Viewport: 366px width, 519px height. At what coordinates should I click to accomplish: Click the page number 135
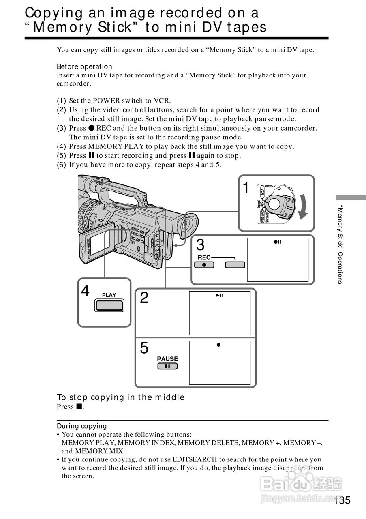342,500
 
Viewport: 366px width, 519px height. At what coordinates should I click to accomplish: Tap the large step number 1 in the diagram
246,188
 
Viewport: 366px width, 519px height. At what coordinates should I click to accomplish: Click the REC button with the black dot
204,265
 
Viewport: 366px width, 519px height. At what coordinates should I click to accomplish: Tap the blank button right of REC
235,265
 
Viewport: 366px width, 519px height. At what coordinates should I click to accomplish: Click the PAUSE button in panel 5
167,366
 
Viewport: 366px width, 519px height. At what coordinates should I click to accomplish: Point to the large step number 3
200,245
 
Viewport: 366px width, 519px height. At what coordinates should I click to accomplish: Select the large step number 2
144,298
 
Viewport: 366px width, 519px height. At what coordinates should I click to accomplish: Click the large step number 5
144,348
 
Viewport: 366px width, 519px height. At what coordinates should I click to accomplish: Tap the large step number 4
85,291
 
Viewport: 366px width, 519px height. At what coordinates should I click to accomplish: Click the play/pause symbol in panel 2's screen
219,295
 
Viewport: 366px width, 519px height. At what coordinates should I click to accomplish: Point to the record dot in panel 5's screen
218,345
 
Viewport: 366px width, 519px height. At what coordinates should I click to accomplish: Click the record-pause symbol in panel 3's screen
277,242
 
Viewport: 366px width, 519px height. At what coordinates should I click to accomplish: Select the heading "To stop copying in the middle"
120,397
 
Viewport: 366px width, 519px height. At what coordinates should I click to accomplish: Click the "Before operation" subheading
84,66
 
